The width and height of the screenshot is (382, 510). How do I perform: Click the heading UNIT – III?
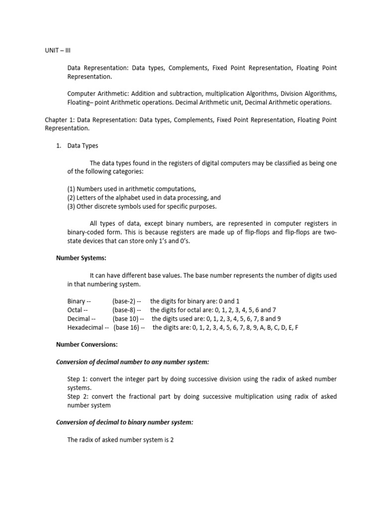(58, 50)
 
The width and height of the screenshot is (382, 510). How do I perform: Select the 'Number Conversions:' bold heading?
(87, 344)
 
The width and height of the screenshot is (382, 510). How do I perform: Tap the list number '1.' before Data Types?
(59, 146)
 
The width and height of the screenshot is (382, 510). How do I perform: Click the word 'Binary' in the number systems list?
(77, 301)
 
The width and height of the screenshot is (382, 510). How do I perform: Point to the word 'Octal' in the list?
(75, 310)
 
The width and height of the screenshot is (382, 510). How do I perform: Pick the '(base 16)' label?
(127, 327)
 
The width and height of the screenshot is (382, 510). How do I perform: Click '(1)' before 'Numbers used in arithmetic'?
(71, 189)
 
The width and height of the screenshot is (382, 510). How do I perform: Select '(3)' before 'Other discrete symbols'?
(71, 206)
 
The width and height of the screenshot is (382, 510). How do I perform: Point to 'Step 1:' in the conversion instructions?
(78, 379)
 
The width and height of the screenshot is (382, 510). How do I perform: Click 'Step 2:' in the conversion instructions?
(78, 396)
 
